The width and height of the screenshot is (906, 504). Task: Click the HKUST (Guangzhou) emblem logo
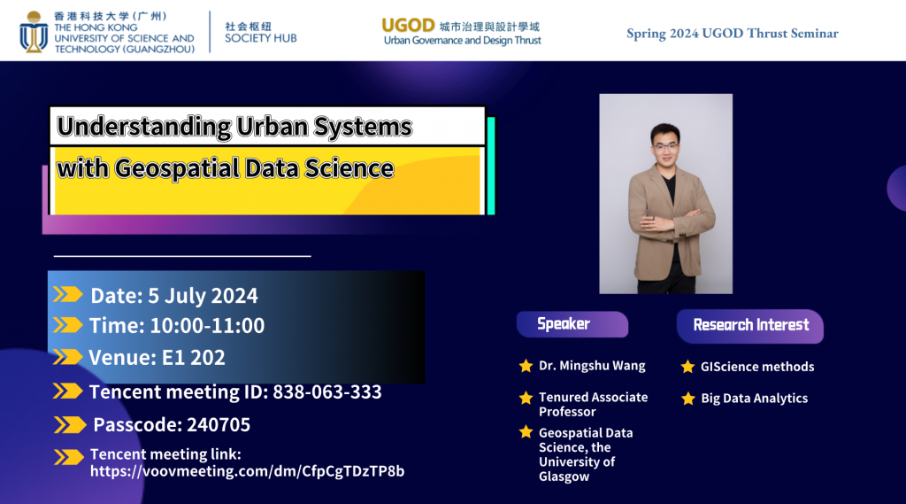[35, 31]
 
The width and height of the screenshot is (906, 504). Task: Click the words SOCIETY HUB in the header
[260, 38]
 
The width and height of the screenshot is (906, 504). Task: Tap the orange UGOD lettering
[407, 25]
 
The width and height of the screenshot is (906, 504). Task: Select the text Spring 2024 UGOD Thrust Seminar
[732, 34]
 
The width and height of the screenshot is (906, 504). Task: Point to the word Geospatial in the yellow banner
[165, 167]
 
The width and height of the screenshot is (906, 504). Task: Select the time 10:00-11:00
[207, 326]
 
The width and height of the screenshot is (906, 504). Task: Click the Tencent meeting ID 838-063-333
[326, 392]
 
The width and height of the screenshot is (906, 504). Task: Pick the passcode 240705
[219, 425]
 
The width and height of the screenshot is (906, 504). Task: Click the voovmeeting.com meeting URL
[247, 471]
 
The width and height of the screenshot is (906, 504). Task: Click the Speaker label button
[564, 324]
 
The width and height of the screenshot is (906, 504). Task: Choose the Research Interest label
[750, 325]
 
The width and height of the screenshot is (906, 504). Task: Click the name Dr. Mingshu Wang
[592, 366]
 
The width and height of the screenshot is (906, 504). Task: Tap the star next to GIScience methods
[687, 367]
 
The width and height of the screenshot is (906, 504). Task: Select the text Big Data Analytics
[754, 399]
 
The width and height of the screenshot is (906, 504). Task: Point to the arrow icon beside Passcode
[69, 425]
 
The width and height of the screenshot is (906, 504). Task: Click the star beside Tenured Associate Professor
[526, 399]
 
